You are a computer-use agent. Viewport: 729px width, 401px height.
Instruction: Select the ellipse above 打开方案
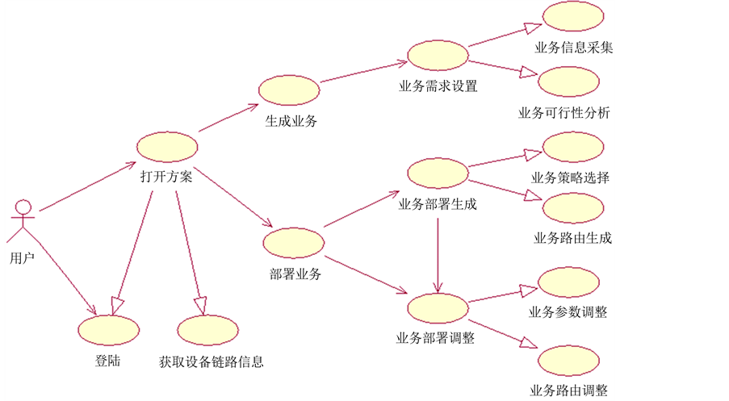pos(167,147)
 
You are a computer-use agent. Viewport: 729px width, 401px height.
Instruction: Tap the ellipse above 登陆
pos(108,331)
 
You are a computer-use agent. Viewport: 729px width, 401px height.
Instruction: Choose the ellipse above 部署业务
pos(294,243)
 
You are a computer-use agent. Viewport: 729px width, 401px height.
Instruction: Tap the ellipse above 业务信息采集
pos(573,18)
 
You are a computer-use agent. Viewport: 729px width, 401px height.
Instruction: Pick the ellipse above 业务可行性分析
pos(568,83)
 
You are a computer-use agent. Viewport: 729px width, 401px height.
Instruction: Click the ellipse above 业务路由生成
pos(573,208)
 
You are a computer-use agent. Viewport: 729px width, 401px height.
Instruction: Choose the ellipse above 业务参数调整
pos(568,282)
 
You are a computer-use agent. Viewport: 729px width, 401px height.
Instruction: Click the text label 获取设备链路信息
pos(212,362)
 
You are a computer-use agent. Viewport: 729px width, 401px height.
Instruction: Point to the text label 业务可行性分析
pos(564,112)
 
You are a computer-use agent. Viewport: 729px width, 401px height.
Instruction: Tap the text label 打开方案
pos(165,178)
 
